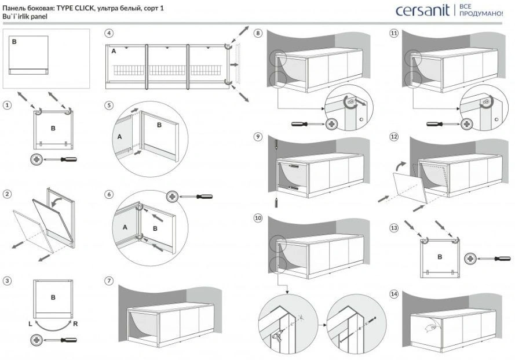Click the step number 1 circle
point(6,106)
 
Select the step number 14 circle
point(395,294)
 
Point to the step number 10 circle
point(258,219)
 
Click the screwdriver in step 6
point(196,197)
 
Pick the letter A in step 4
point(114,51)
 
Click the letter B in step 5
point(158,124)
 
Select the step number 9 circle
point(258,137)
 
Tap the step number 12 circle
point(395,137)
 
